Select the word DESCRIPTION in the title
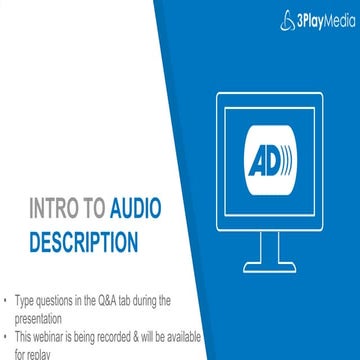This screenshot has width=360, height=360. (83, 241)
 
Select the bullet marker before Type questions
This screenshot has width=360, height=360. (7, 299)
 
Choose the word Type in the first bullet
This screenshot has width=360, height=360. (28, 299)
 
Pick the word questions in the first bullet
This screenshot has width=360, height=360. (62, 299)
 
